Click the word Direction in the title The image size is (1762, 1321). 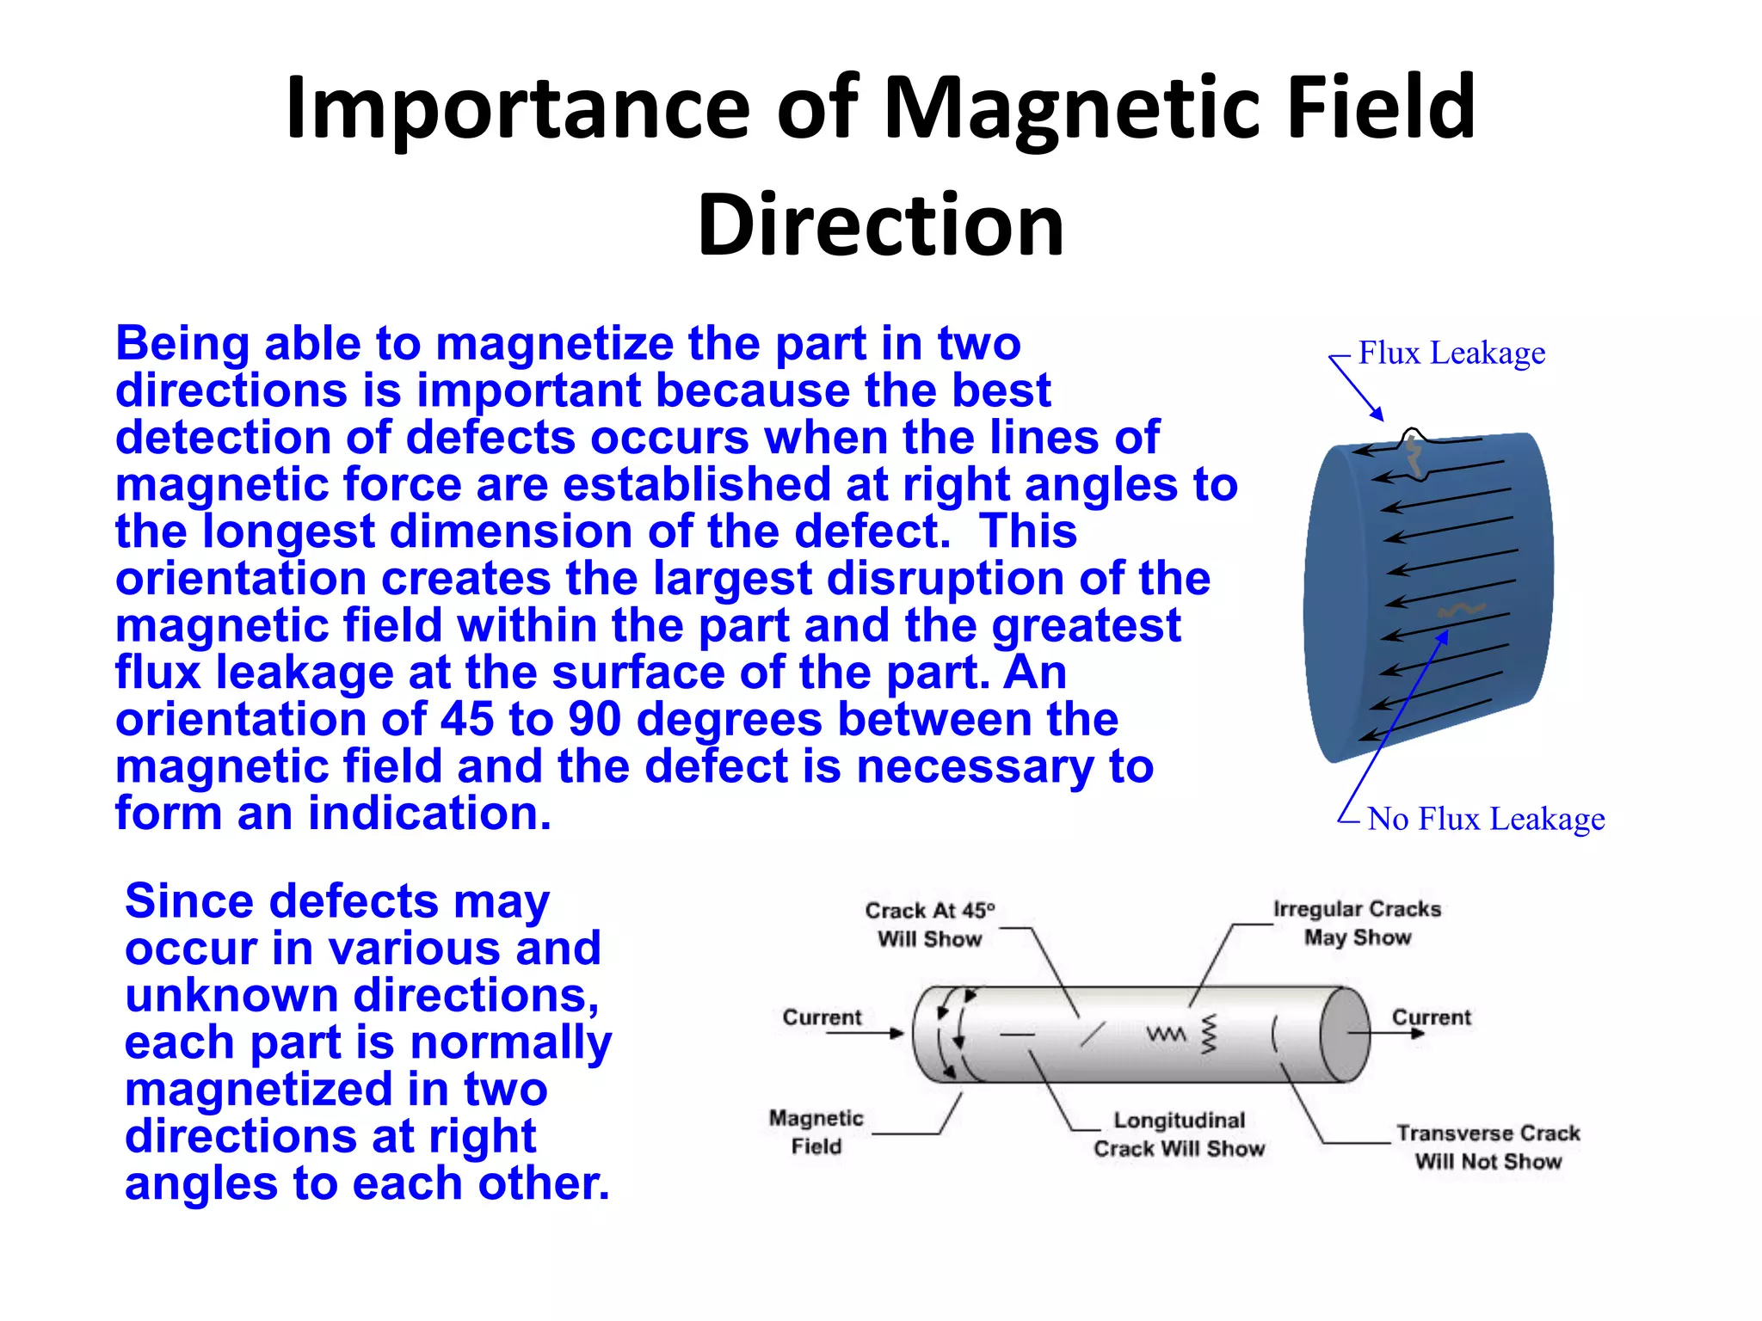coord(880,225)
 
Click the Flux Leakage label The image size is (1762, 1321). coord(1451,353)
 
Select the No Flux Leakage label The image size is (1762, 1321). coord(1486,819)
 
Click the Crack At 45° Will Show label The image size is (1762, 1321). coord(929,925)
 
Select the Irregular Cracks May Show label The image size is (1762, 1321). coord(1357,923)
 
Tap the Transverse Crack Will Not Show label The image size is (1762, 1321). coord(1488,1147)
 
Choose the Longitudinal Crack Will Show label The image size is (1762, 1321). coord(1179,1134)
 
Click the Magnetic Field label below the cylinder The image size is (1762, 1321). coord(816,1132)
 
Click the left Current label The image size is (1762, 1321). coord(822,1017)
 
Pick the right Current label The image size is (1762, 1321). coord(1432,1017)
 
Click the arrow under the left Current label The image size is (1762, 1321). coord(865,1033)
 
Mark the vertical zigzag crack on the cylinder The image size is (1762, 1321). coord(1210,1035)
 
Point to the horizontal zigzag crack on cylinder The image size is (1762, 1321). coord(1166,1034)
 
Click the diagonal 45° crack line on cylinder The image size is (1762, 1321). coord(1093,1034)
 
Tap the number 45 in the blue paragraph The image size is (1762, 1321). coord(467,719)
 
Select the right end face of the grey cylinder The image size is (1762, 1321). coord(1345,1034)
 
